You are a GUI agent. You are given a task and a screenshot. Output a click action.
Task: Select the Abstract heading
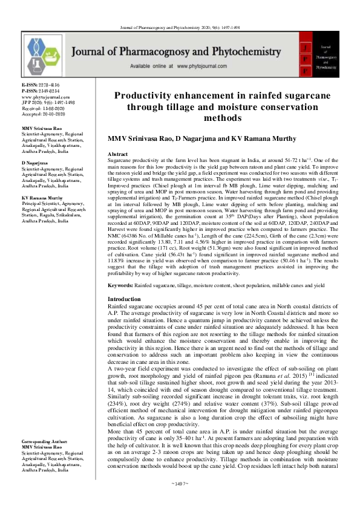coord(117,155)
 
